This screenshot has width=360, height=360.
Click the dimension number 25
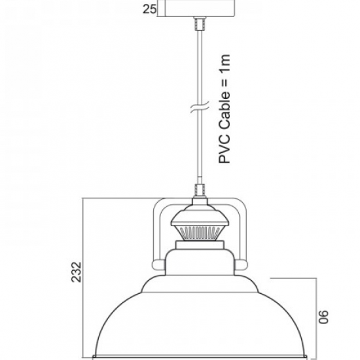pos(149,9)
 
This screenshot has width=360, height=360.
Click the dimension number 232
pos(76,272)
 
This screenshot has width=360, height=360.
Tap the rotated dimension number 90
pos(323,317)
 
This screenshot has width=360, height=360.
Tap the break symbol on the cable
pos(200,107)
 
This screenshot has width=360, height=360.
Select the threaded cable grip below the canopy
pos(199,23)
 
